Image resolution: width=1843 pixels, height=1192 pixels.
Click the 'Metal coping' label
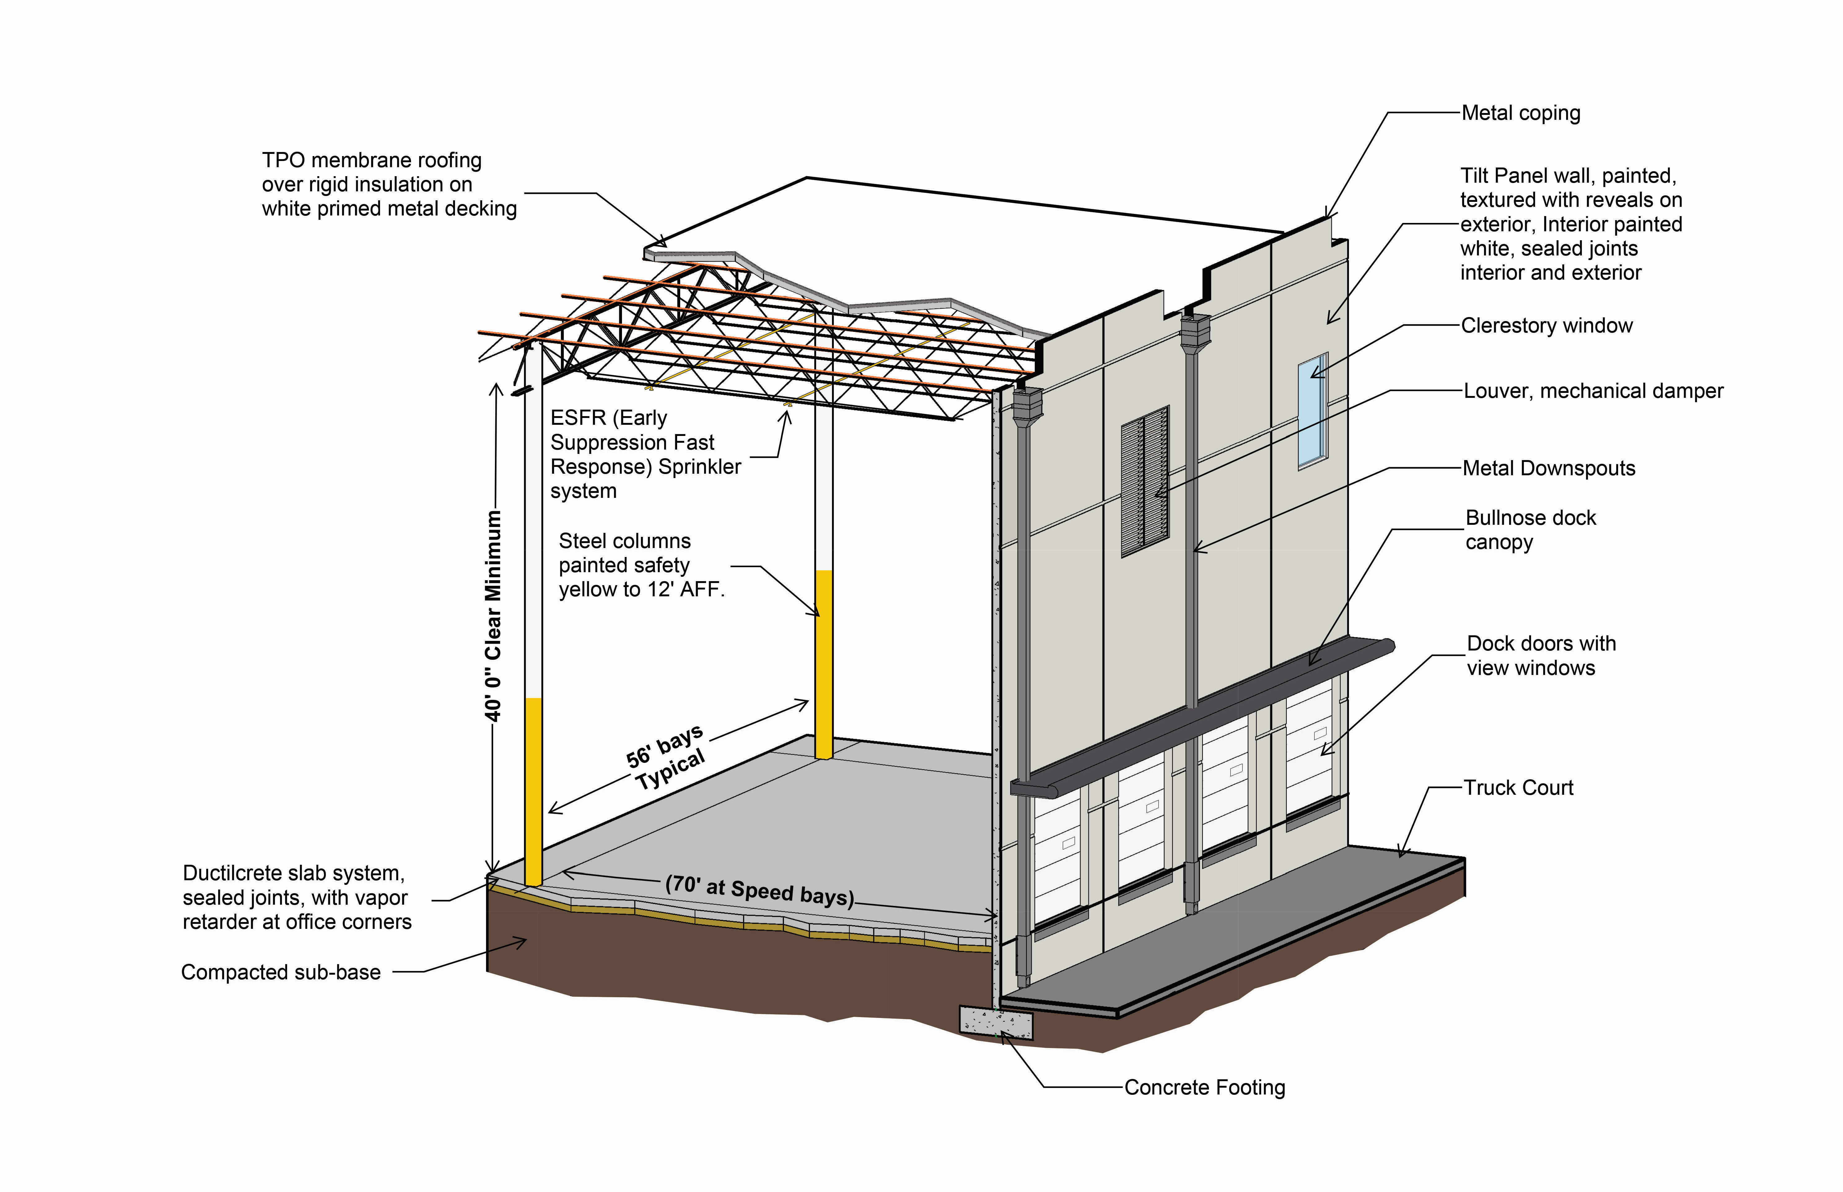point(1520,113)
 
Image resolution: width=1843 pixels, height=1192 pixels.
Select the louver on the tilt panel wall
point(1145,481)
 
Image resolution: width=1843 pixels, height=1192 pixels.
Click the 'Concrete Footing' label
point(1204,1087)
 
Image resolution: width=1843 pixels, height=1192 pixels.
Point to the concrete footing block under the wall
point(996,1023)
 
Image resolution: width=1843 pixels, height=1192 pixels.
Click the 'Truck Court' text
point(1518,788)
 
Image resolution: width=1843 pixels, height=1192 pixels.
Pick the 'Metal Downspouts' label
point(1549,468)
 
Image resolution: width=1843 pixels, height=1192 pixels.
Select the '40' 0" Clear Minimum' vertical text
point(493,616)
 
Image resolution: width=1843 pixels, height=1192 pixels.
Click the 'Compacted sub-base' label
point(280,972)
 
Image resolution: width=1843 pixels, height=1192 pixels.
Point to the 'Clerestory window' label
point(1546,326)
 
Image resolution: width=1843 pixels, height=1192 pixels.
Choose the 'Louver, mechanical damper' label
point(1593,391)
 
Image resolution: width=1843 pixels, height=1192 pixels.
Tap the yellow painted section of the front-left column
point(533,790)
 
